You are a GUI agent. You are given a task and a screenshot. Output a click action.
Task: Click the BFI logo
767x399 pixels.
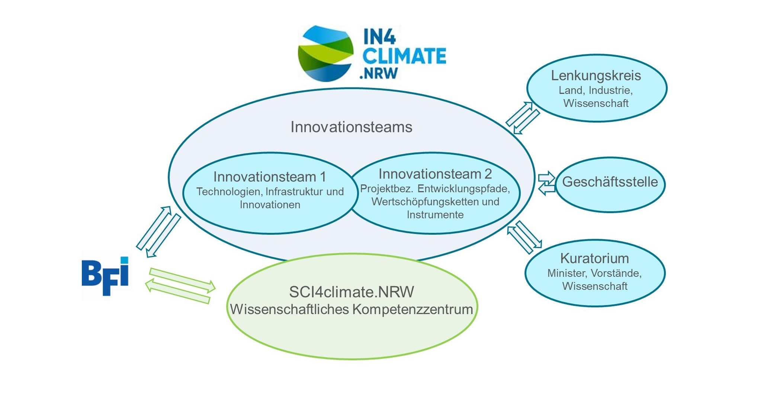[x=105, y=276]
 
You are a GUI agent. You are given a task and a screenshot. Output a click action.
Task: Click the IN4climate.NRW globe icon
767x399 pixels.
[x=326, y=53]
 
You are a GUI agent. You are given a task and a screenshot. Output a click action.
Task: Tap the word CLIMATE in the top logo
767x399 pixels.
[x=404, y=56]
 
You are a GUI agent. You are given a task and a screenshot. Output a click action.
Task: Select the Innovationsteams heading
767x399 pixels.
[x=351, y=127]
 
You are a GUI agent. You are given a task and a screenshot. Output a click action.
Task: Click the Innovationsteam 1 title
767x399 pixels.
[x=270, y=177]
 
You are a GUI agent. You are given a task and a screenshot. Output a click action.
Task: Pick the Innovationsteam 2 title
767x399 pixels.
[x=435, y=174]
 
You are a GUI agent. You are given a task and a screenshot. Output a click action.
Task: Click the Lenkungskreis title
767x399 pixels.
[x=596, y=76]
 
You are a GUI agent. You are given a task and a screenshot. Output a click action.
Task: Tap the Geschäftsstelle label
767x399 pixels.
[x=610, y=182]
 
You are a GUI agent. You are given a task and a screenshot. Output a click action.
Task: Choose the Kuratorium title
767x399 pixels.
[x=594, y=258]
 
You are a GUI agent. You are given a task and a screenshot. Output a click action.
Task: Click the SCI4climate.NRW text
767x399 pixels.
[x=352, y=292]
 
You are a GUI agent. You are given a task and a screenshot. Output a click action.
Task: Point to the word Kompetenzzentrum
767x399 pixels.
[x=413, y=310]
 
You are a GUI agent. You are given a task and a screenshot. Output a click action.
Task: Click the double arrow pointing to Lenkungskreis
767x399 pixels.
[x=523, y=118]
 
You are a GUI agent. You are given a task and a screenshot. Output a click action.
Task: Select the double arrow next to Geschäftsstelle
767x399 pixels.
[x=546, y=183]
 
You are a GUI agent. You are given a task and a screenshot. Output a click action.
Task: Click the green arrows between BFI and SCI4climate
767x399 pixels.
[x=180, y=286]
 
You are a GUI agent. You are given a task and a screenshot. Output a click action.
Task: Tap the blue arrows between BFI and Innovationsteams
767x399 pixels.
[x=158, y=232]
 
